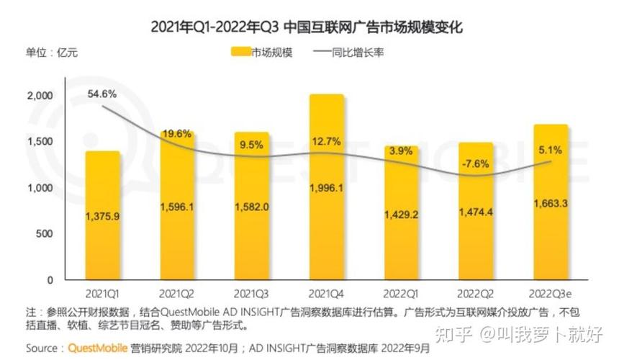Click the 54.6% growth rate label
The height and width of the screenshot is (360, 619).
(x=102, y=94)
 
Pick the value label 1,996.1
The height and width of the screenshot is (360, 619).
(x=327, y=189)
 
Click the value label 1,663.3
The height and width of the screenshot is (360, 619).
(x=551, y=204)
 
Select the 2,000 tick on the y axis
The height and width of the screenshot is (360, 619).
(x=40, y=96)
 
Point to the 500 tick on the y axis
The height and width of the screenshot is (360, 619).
(x=45, y=234)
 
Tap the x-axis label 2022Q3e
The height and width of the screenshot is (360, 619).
(x=551, y=294)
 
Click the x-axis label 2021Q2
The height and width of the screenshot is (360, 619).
(x=177, y=294)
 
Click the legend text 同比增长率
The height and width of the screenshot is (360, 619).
(x=357, y=53)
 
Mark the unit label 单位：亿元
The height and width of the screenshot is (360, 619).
(x=52, y=53)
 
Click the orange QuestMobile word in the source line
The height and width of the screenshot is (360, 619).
(x=99, y=348)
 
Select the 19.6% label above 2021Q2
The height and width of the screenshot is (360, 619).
(x=177, y=134)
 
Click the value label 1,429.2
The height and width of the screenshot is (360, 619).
(x=402, y=215)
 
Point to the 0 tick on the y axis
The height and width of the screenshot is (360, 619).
(x=50, y=280)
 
